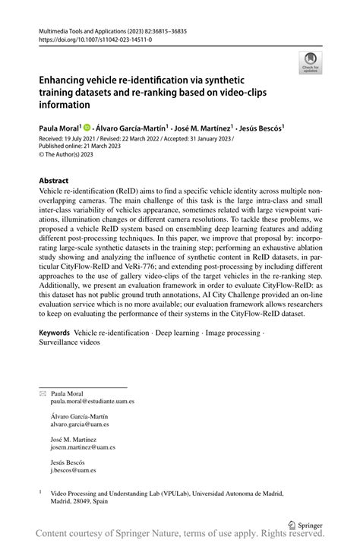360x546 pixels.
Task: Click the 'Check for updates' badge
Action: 309,62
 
